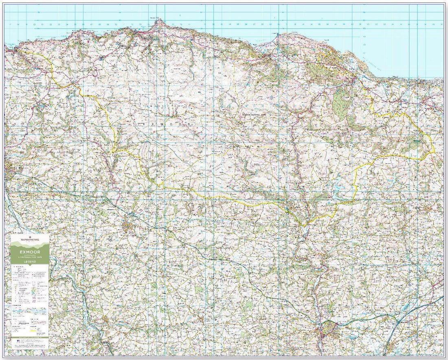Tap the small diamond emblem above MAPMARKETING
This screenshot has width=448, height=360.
tap(29, 236)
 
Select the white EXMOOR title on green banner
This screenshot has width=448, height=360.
tap(29, 252)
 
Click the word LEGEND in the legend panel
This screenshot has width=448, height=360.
tap(29, 261)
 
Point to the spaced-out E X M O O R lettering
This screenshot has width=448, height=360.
tap(167, 123)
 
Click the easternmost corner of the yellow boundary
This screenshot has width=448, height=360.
tap(435, 152)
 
